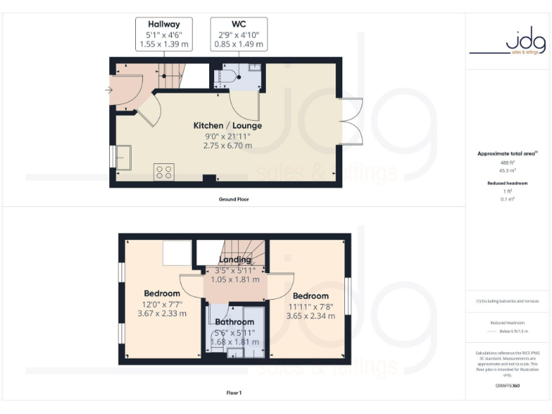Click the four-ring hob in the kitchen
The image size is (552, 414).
point(164,172)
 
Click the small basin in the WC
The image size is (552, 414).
point(254,68)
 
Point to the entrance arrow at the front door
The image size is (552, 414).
point(109,90)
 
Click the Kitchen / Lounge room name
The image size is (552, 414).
point(227,125)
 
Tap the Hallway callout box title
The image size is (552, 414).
point(164,24)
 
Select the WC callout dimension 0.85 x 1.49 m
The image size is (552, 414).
point(239,44)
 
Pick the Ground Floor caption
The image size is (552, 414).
point(234,198)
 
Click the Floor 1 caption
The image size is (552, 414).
point(234,392)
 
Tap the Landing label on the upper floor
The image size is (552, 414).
point(235,259)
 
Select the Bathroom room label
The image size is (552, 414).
point(235,322)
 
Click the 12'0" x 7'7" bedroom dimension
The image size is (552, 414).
point(162,304)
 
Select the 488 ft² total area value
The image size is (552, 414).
point(508,162)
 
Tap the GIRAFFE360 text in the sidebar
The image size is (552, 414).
point(508,386)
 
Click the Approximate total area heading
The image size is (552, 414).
point(507,154)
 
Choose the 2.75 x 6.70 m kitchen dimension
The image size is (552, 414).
point(227,145)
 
